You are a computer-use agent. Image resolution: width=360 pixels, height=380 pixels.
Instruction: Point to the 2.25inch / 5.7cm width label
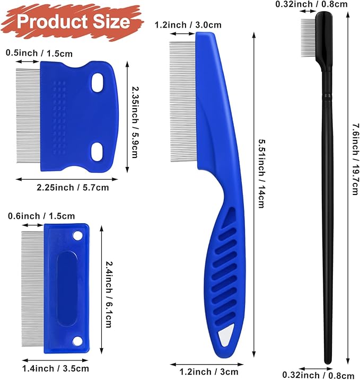73,187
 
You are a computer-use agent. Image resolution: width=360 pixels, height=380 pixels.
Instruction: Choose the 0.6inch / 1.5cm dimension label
41,216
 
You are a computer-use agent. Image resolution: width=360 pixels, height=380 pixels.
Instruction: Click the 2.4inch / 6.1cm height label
108,293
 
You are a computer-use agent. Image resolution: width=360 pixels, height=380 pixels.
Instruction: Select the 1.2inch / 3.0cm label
188,24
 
